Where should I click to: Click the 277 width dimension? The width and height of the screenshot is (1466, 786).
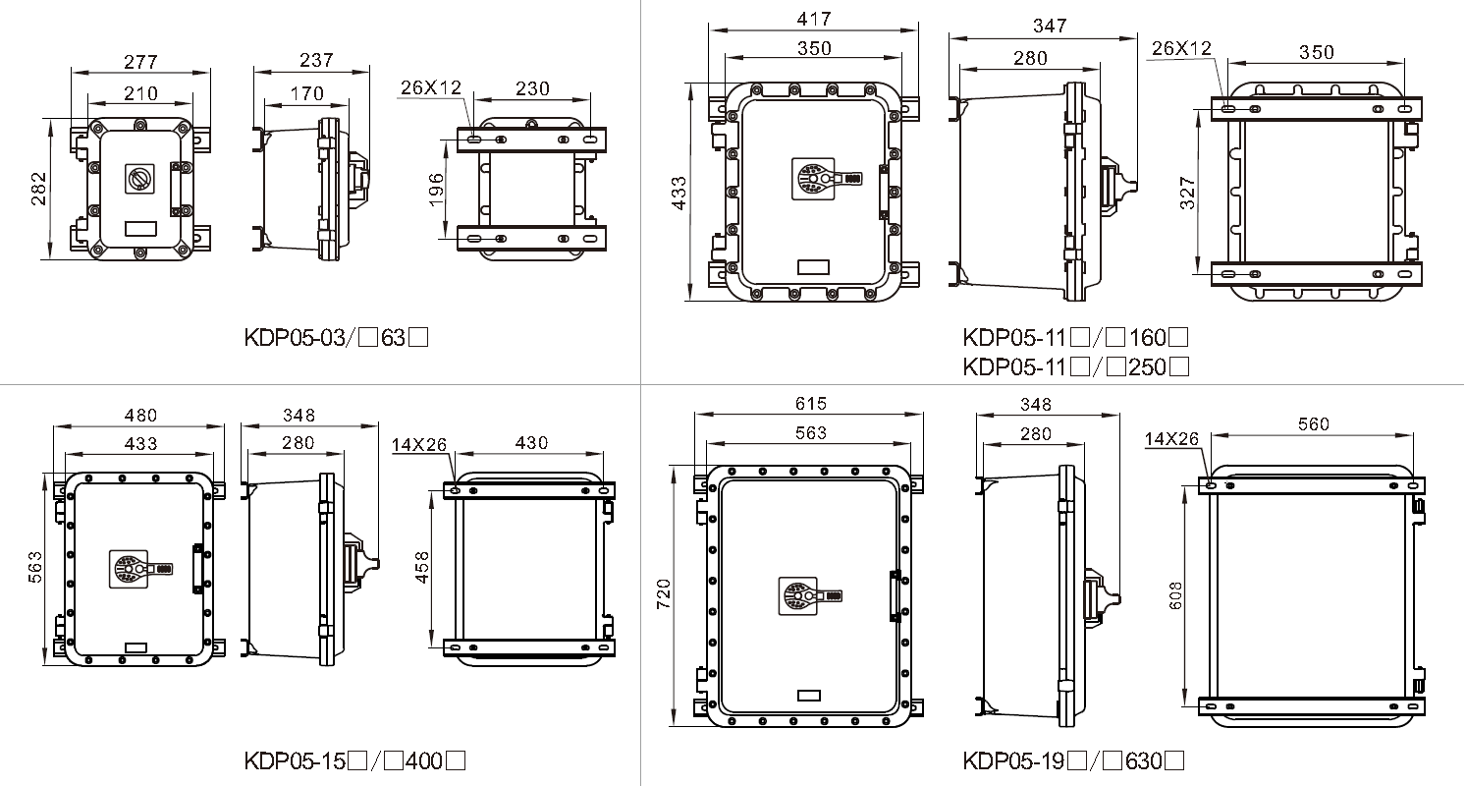click(x=140, y=62)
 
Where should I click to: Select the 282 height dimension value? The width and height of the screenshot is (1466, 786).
click(x=39, y=189)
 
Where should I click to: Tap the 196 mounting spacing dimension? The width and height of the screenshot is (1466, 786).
click(x=437, y=190)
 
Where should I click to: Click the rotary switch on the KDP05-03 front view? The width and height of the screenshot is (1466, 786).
click(x=139, y=178)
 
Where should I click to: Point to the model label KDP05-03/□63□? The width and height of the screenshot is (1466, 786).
click(x=336, y=337)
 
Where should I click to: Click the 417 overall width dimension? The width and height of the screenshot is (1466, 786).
click(x=814, y=19)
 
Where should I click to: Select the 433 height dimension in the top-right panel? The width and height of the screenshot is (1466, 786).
click(x=679, y=194)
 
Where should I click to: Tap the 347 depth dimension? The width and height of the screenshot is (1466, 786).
click(x=1050, y=26)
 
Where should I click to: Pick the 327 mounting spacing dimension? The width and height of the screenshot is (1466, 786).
click(x=1187, y=194)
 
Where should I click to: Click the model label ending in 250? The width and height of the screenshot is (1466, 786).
click(x=1076, y=366)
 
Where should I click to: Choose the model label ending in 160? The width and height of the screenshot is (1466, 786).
click(x=1075, y=337)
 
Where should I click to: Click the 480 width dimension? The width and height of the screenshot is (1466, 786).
click(x=140, y=416)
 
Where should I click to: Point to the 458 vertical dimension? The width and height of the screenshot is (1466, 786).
click(x=423, y=567)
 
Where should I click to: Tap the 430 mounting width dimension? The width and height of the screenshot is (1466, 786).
click(x=531, y=443)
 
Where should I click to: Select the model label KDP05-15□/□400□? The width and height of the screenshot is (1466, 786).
click(x=354, y=760)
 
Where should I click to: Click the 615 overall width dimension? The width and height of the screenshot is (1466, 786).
click(x=811, y=404)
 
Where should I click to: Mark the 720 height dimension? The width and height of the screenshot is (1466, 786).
click(x=664, y=594)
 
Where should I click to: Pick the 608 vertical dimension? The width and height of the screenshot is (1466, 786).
click(x=1175, y=596)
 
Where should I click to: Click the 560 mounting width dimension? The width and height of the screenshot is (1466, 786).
click(x=1314, y=424)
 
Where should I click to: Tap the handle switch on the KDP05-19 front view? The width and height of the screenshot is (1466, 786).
click(x=809, y=596)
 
